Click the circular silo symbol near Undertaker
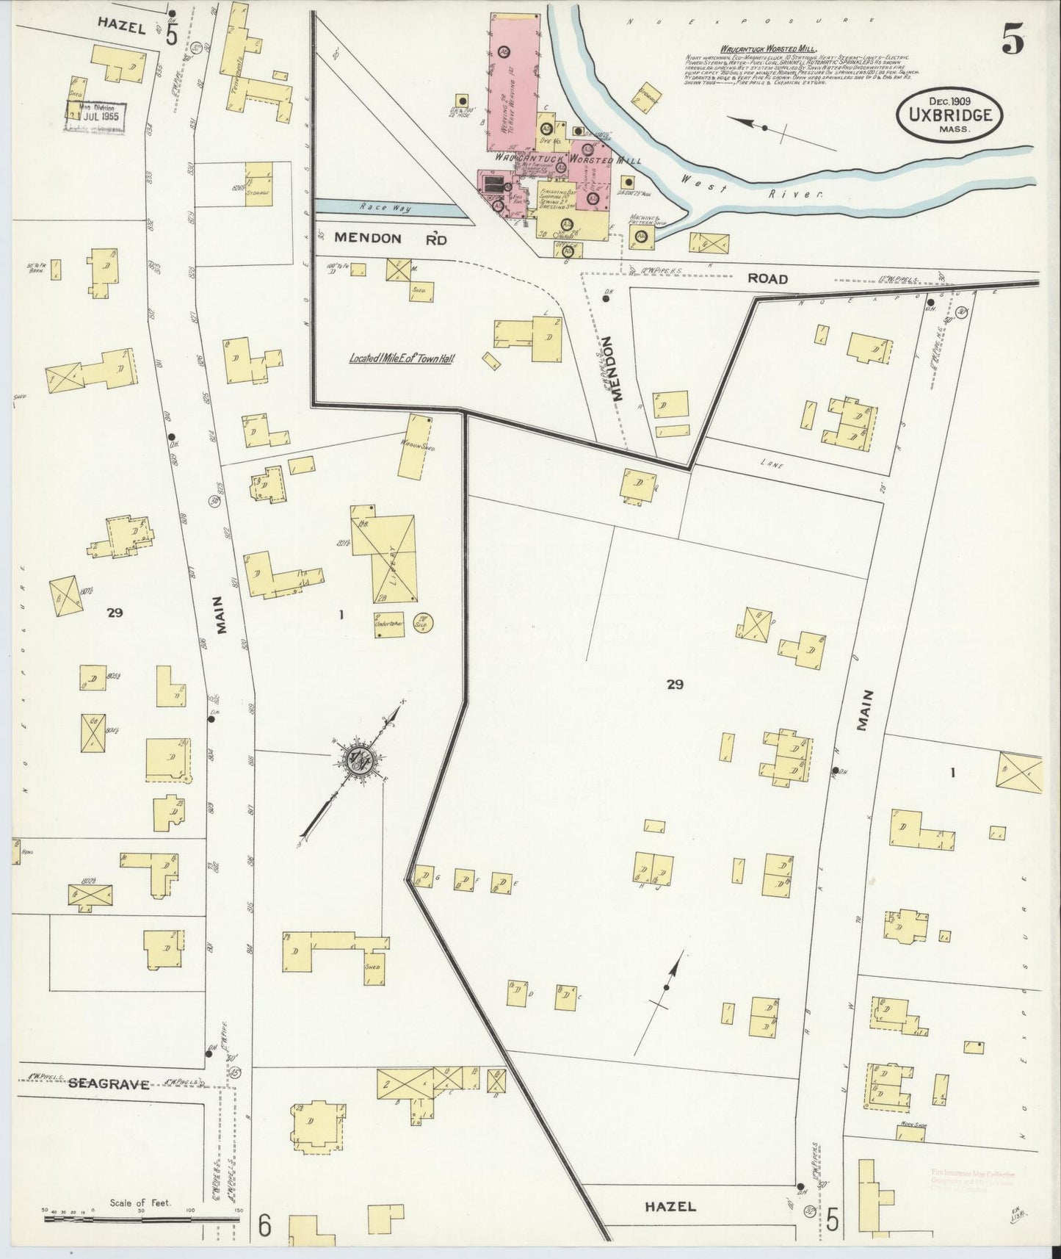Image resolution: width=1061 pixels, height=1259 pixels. (423, 622)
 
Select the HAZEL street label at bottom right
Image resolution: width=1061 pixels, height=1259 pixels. (670, 1206)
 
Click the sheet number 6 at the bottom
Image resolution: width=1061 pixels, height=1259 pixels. (265, 1225)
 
